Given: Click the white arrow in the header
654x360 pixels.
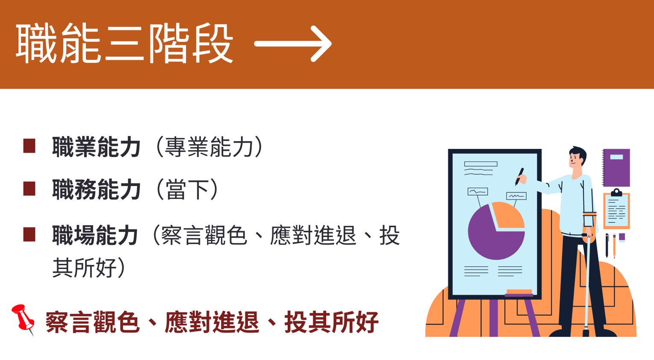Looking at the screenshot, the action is point(293,44).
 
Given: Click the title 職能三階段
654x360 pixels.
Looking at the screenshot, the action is point(124,44).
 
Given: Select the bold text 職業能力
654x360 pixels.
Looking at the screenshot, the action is point(96,147).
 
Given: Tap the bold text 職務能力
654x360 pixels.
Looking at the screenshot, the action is point(96,190).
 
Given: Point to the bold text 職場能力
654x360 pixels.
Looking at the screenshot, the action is point(95,235).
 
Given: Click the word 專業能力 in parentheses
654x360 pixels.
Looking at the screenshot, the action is point(209,147).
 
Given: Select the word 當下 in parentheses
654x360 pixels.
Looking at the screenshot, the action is point(187,190).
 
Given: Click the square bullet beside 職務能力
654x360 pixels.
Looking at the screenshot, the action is point(29,189).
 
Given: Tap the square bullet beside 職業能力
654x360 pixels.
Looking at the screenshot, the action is point(29,146).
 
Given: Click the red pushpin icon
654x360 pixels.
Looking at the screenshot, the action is point(23,319).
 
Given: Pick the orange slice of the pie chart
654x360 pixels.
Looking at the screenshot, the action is point(508,215).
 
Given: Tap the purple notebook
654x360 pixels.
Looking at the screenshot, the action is point(616,168).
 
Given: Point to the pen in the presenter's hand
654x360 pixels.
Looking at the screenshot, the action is point(519,176).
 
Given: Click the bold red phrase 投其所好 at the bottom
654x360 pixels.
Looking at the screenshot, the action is point(331,322).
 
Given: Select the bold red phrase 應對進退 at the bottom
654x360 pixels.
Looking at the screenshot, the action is point(212,322).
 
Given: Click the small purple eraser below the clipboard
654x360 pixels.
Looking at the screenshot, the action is point(622,238).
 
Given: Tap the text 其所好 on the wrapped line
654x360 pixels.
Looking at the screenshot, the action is point(85,268).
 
